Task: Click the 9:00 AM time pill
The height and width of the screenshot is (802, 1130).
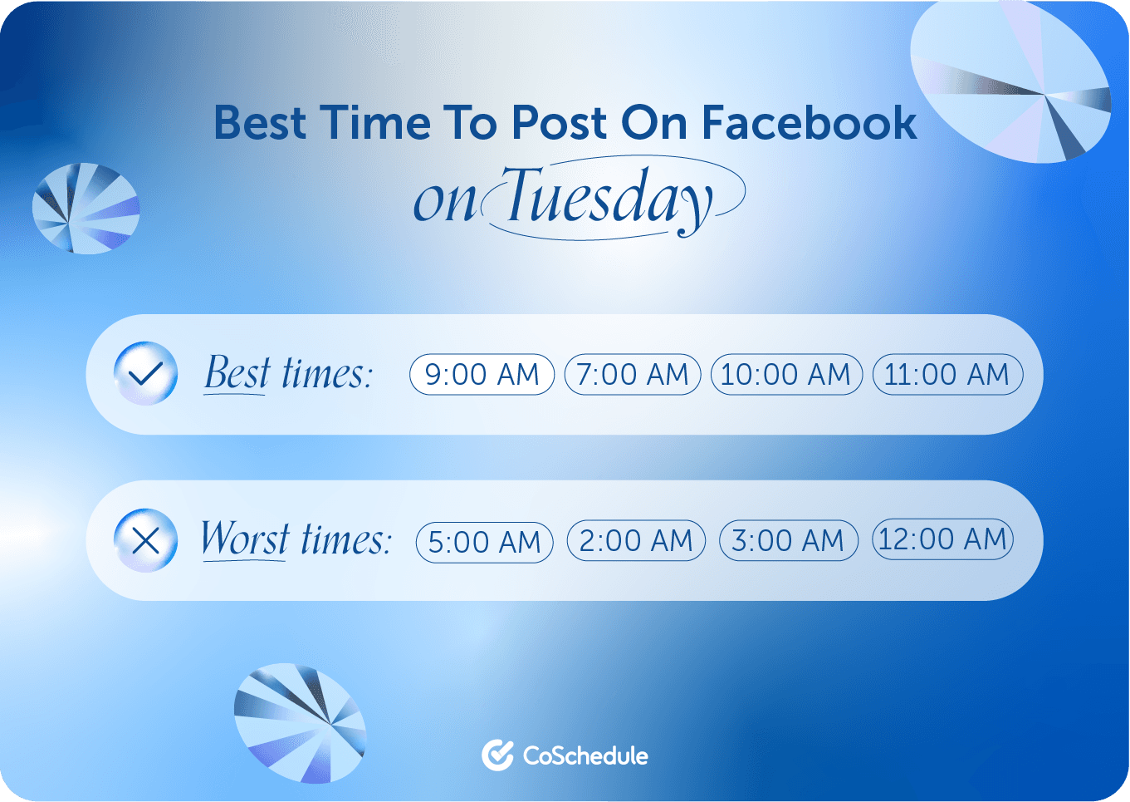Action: click(x=482, y=375)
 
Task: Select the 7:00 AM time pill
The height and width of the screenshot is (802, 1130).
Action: click(x=633, y=375)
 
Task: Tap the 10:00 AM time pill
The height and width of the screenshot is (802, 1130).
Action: click(x=786, y=375)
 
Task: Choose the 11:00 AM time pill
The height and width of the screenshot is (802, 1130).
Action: click(x=947, y=375)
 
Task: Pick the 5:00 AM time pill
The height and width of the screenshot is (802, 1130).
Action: click(x=484, y=543)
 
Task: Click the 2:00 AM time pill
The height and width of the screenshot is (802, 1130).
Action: click(x=636, y=541)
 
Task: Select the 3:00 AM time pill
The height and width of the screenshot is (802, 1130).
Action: click(x=788, y=541)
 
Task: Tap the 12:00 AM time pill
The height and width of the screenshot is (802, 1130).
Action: click(x=942, y=539)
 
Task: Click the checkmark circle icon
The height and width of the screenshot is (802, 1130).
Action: click(x=145, y=374)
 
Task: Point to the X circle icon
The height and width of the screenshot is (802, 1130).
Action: click(x=145, y=541)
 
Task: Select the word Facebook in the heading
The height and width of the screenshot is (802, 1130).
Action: click(x=809, y=123)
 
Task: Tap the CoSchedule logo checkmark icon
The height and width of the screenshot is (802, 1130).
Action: click(x=497, y=755)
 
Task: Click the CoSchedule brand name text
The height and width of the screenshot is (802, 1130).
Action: click(x=585, y=755)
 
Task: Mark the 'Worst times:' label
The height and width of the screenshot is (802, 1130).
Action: click(x=296, y=539)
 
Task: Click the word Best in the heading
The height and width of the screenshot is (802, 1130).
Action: click(x=260, y=123)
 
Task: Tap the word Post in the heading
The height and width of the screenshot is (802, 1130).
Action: click(x=559, y=123)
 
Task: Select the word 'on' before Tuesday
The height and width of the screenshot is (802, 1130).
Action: click(x=445, y=202)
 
